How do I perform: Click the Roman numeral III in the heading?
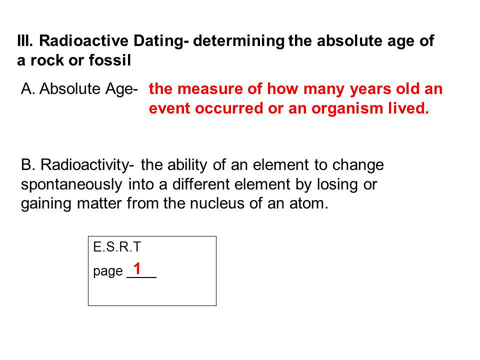tap(25, 41)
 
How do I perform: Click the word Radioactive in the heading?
tap(84, 41)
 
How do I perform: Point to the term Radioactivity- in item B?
tap(87, 165)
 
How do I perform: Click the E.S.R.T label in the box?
tap(117, 247)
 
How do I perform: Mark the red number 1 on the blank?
tap(137, 268)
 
